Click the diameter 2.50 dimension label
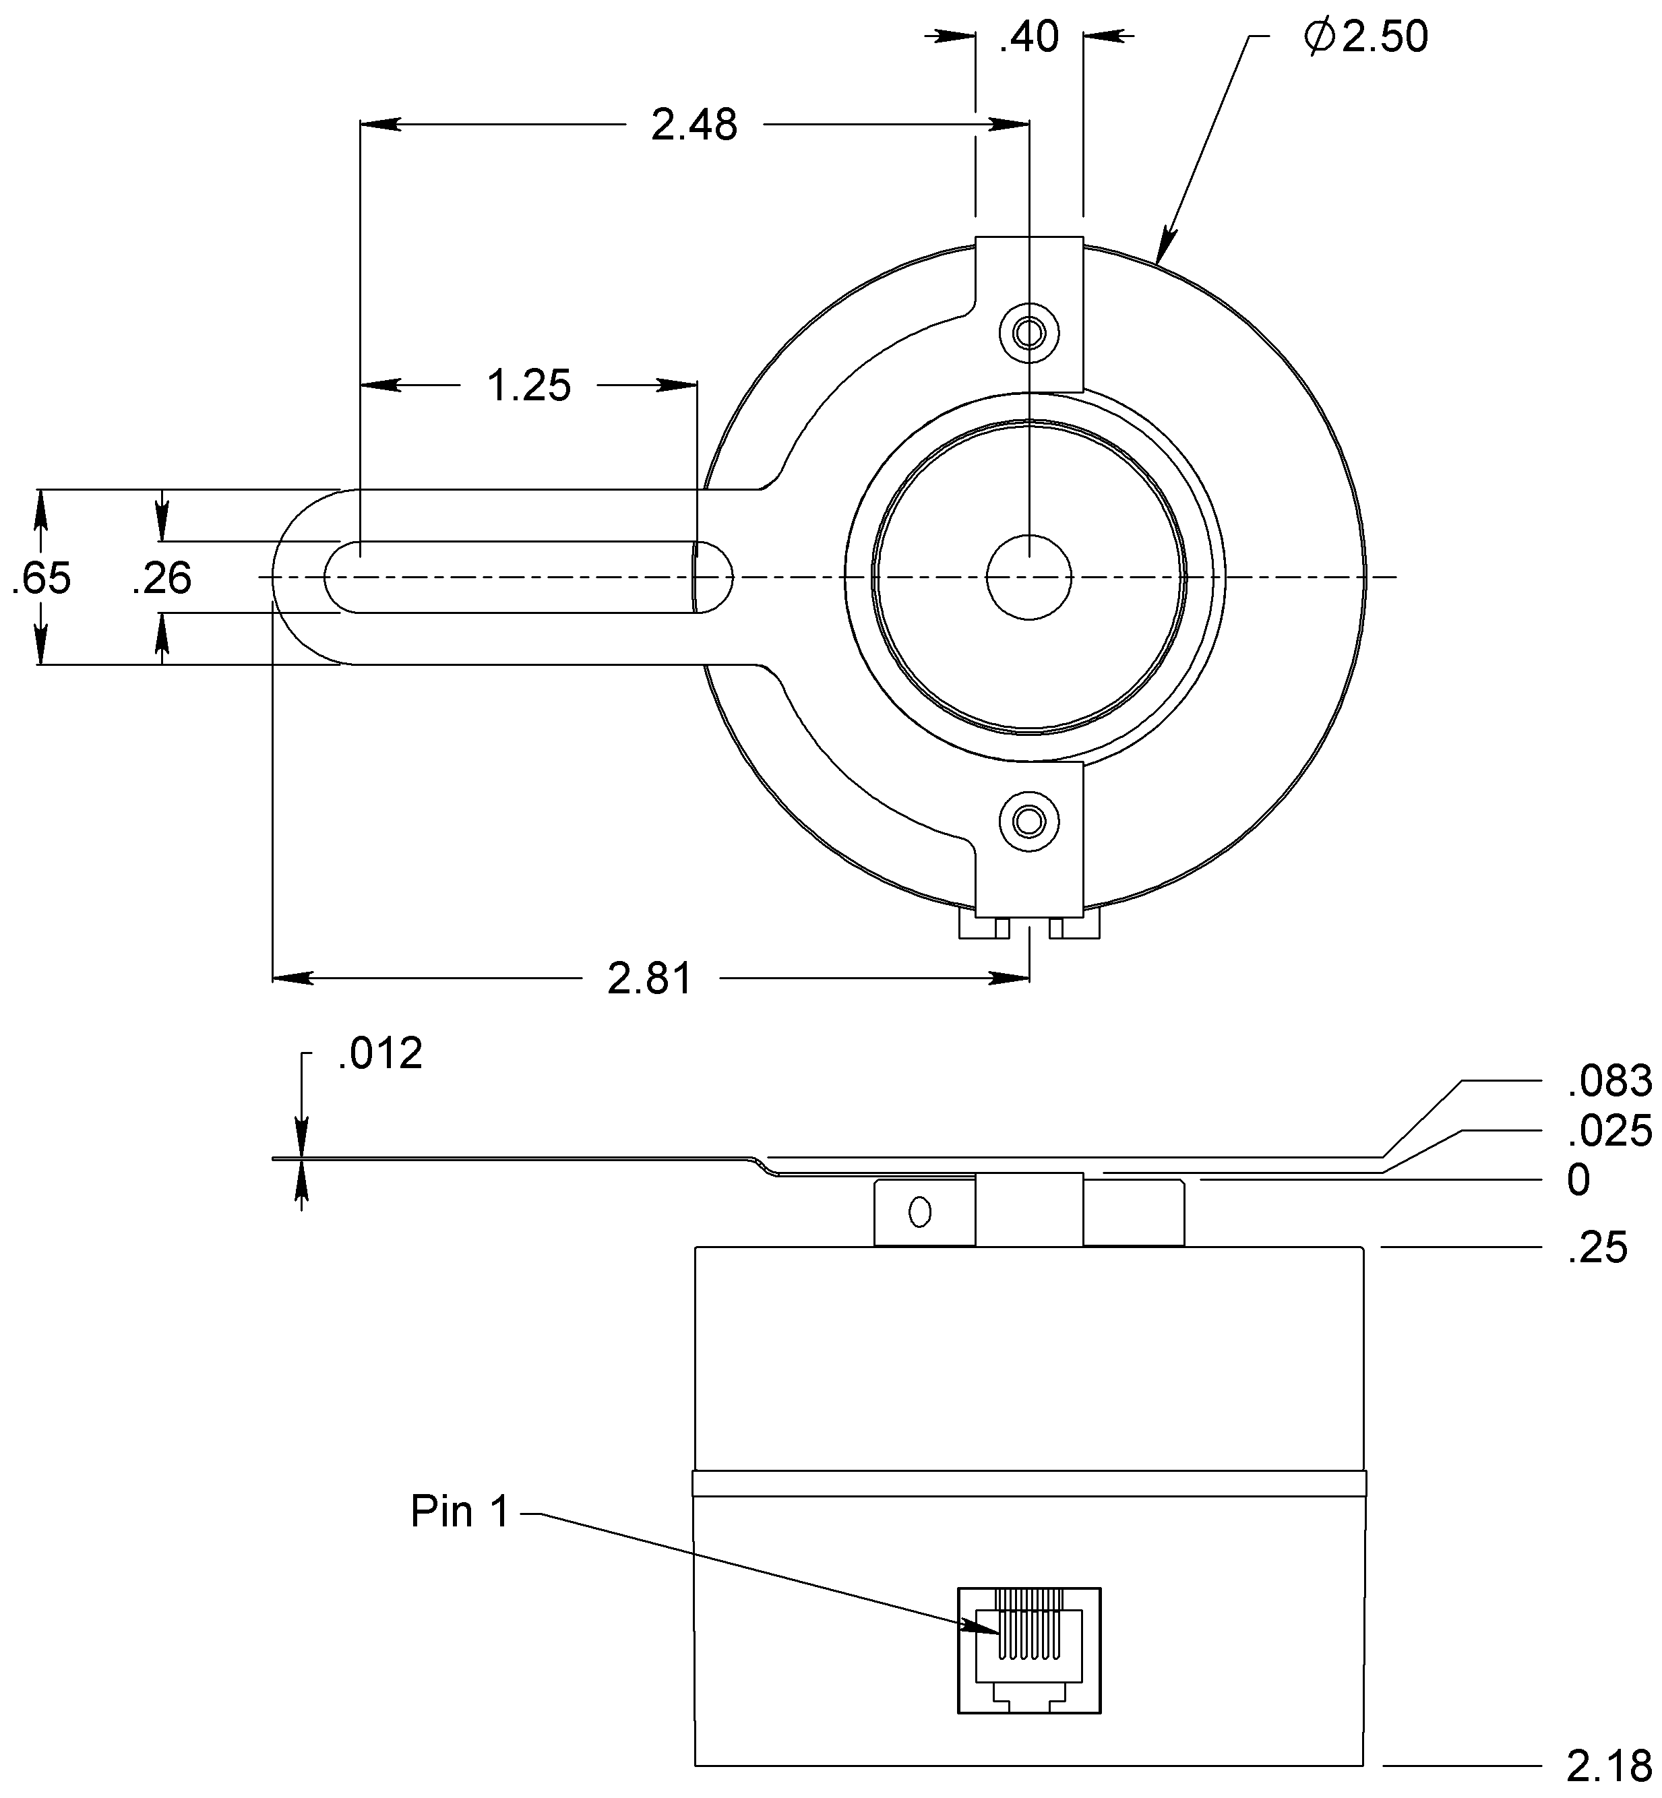1366,38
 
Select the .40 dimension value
1029,38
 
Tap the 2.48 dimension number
694,125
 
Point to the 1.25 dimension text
529,386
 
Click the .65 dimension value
41,578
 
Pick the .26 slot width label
162,578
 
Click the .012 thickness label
379,1054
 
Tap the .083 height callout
1609,1081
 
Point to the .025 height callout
1609,1131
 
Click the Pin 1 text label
460,1512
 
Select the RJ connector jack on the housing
1029,1650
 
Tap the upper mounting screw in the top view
1029,334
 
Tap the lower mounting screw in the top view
1029,820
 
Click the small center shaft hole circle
1029,577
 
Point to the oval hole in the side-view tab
919,1212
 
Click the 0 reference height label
1578,1180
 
